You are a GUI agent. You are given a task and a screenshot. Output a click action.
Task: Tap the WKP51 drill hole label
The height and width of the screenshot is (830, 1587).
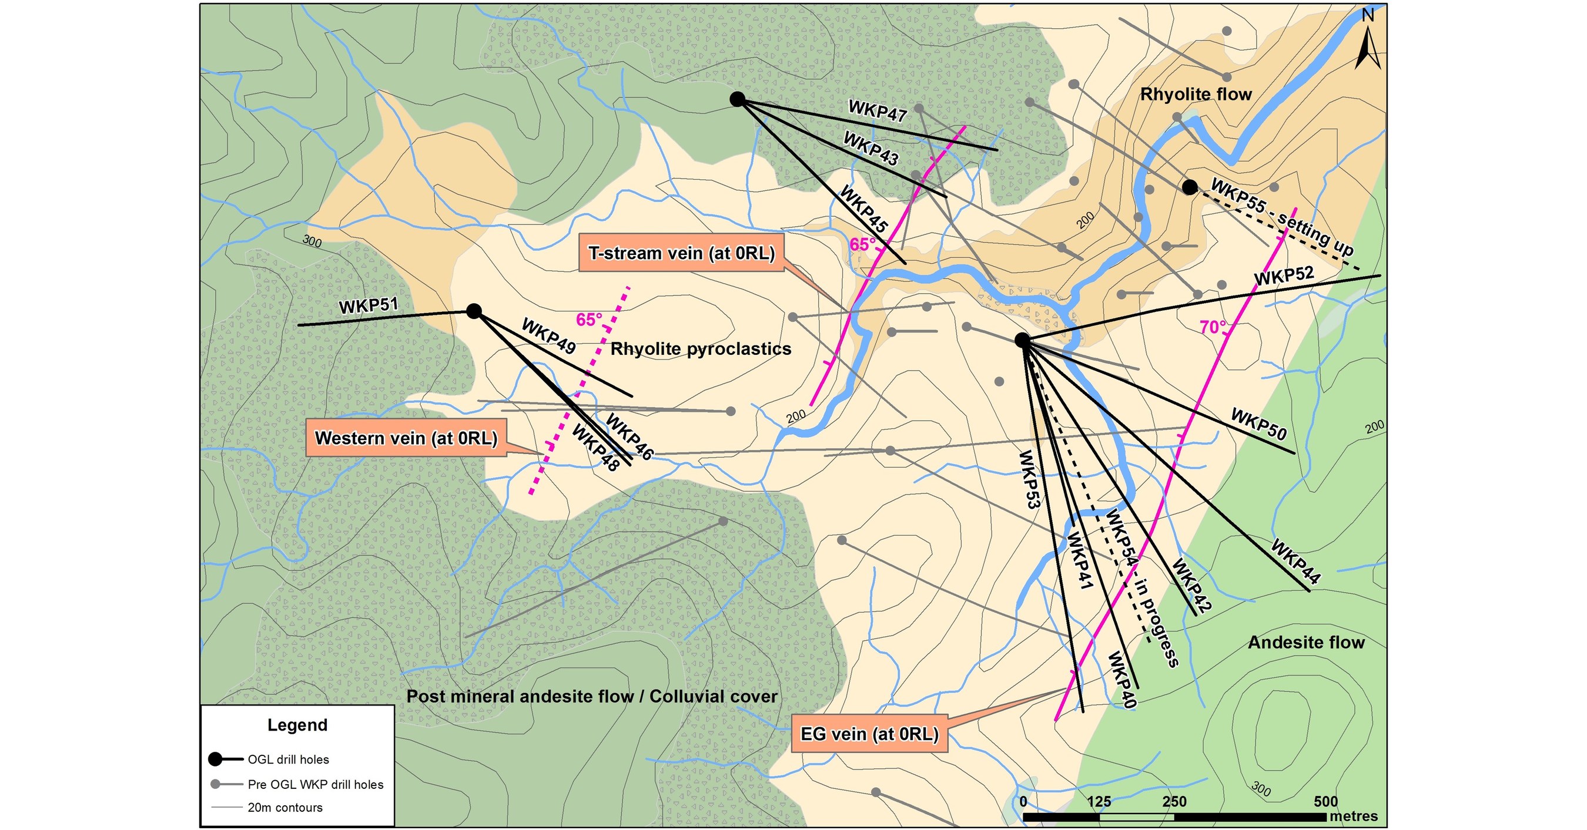[369, 305]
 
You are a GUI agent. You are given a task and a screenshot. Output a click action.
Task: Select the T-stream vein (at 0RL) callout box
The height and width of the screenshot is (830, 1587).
[681, 253]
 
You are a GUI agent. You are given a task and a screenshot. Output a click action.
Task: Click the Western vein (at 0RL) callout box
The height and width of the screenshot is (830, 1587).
[406, 438]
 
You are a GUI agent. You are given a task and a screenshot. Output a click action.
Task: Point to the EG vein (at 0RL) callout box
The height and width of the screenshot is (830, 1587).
[869, 734]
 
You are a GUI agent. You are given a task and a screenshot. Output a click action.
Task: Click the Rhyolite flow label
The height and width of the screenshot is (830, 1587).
[1196, 94]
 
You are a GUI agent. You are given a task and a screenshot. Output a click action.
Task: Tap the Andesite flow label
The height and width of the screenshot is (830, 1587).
[1306, 643]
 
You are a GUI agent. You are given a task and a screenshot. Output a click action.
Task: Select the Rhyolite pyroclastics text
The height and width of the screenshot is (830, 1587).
[701, 349]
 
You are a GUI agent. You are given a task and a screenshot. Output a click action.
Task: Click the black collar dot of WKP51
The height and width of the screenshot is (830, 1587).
[474, 311]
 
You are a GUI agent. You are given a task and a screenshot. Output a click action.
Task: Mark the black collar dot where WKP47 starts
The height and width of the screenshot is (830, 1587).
[737, 99]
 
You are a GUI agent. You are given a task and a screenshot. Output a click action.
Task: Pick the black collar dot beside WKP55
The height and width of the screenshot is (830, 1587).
[1190, 187]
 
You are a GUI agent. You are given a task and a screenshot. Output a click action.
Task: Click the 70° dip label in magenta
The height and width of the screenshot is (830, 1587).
[1213, 328]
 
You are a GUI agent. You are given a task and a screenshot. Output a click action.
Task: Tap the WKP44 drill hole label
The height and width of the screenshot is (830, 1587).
[1295, 561]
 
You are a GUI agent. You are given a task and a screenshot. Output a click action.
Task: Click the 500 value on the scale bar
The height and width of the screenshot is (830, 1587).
[1326, 802]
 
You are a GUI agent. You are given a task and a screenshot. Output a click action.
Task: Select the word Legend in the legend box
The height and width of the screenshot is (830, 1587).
[297, 725]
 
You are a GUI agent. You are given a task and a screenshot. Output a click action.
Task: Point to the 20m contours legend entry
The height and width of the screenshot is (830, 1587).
[284, 808]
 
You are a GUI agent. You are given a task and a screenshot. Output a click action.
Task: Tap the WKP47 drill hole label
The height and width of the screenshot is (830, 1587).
[878, 112]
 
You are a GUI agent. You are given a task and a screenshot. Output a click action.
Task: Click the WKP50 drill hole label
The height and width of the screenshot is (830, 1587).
[1259, 425]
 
